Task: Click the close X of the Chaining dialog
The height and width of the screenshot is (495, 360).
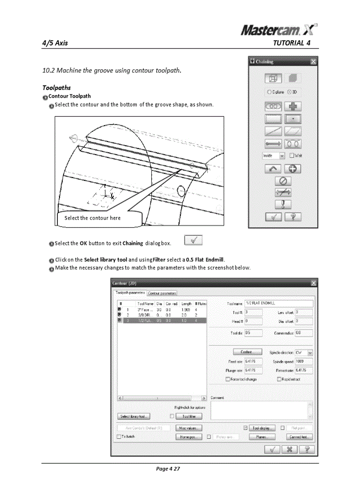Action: pyautogui.click(x=313, y=62)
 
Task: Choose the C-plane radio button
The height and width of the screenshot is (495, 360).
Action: pyautogui.click(x=270, y=92)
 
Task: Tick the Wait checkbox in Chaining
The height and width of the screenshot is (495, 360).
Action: pyautogui.click(x=292, y=155)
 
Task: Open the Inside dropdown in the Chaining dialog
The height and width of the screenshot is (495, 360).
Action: pyautogui.click(x=281, y=155)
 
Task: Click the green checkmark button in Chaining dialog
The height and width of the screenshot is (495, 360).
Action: pyautogui.click(x=274, y=216)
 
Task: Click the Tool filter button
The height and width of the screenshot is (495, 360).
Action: pyautogui.click(x=189, y=416)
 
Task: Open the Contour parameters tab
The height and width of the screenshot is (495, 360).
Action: pyautogui.click(x=162, y=293)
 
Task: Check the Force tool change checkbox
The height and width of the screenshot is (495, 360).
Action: pyautogui.click(x=228, y=379)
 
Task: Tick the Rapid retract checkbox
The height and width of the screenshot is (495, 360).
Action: pyautogui.click(x=279, y=379)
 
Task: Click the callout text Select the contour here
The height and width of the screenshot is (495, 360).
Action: pyautogui.click(x=92, y=218)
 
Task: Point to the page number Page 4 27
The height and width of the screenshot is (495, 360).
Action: pyautogui.click(x=168, y=469)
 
